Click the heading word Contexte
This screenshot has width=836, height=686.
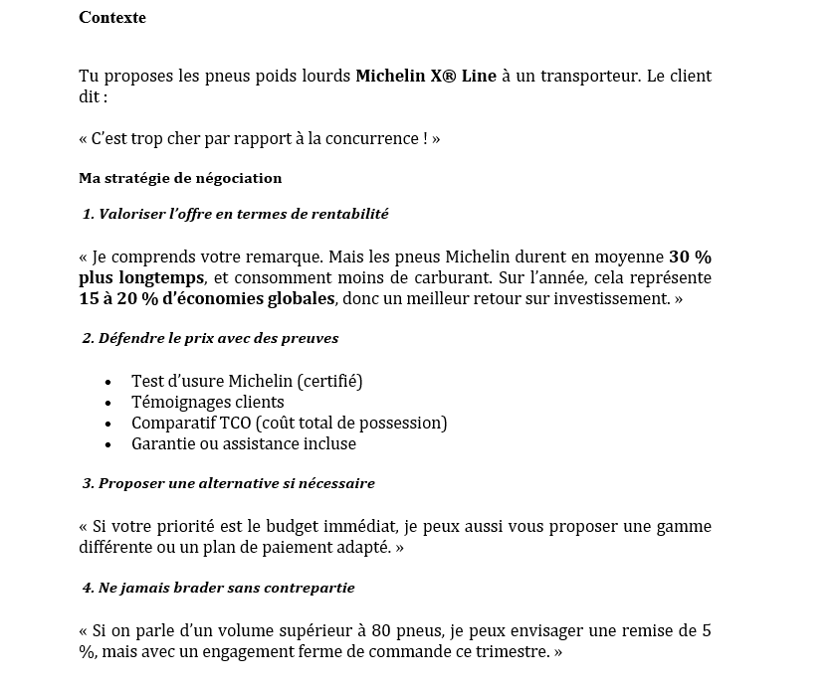click(x=112, y=18)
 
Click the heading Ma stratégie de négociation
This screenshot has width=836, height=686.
click(x=180, y=179)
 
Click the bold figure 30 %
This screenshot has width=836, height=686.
click(x=690, y=256)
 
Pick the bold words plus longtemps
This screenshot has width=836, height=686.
click(x=141, y=277)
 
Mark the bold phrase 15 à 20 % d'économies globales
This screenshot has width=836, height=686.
click(x=208, y=299)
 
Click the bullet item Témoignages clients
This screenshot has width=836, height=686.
click(x=208, y=402)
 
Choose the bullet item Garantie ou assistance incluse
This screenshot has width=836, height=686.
click(x=244, y=444)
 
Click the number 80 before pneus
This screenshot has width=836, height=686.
click(x=380, y=631)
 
